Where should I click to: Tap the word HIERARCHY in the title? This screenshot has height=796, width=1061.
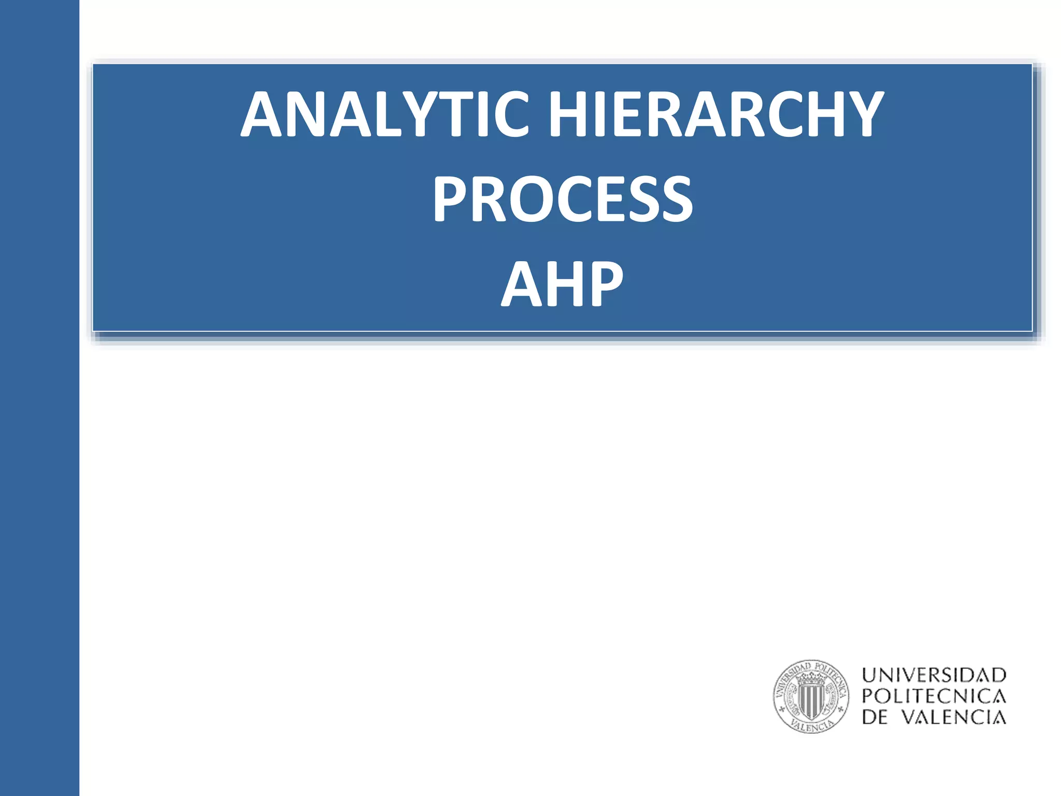pyautogui.click(x=716, y=114)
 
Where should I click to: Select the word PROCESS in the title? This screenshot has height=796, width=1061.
pyautogui.click(x=563, y=199)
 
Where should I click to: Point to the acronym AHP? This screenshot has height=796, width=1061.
pyautogui.click(x=563, y=283)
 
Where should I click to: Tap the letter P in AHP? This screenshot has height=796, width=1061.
pyautogui.click(x=604, y=283)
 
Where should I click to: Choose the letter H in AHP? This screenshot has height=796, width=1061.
pyautogui.click(x=562, y=283)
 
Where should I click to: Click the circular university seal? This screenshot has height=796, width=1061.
pyautogui.click(x=811, y=696)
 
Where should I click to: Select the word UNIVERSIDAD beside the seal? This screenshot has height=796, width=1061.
pyautogui.click(x=934, y=675)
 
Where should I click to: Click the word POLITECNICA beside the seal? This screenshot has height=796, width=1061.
pyautogui.click(x=934, y=696)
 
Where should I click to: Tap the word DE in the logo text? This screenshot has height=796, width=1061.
pyautogui.click(x=874, y=718)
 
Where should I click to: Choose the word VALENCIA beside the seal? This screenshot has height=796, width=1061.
pyautogui.click(x=954, y=718)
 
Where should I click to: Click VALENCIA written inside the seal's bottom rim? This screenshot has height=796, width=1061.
pyautogui.click(x=812, y=726)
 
